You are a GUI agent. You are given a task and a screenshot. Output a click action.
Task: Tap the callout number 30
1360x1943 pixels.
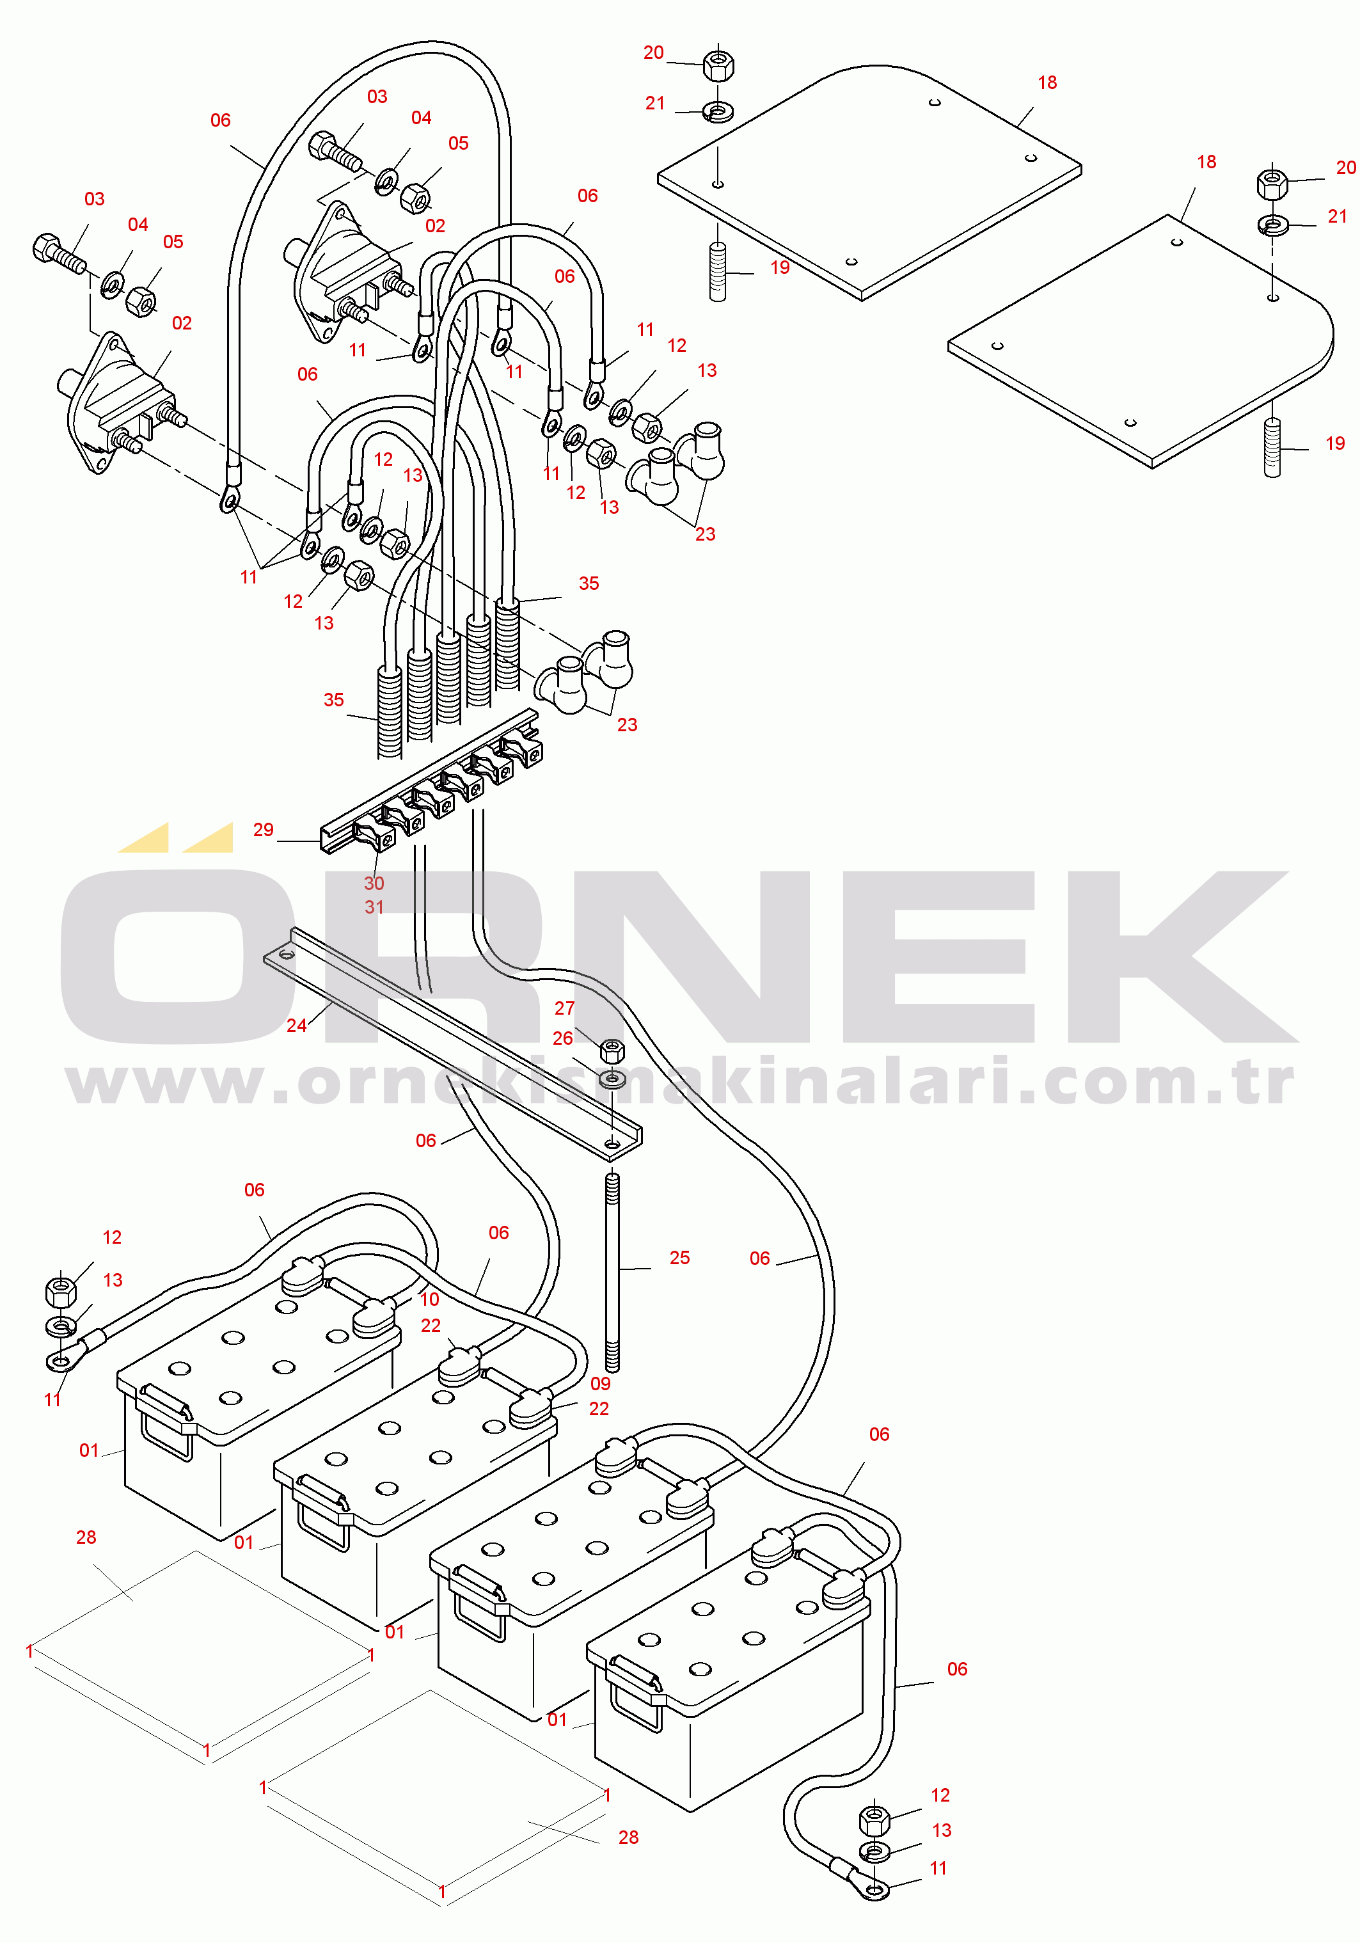374,883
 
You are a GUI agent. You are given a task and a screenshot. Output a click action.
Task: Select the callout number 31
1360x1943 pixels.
374,907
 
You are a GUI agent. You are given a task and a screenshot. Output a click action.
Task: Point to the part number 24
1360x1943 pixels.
296,1025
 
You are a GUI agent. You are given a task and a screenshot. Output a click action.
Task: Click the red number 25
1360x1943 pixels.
679,1258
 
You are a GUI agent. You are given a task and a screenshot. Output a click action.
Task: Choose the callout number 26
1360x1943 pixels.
563,1038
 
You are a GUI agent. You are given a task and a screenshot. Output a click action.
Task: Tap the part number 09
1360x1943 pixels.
600,1384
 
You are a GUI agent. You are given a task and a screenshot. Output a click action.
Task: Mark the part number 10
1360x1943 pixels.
429,1299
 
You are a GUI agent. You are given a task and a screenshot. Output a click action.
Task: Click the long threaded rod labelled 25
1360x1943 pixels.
612,1271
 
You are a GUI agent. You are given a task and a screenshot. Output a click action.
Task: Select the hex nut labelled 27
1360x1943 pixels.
612,1051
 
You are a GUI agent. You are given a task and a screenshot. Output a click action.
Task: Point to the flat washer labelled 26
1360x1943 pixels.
612,1081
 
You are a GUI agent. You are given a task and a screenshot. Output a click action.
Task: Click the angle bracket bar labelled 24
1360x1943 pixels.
453,1038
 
